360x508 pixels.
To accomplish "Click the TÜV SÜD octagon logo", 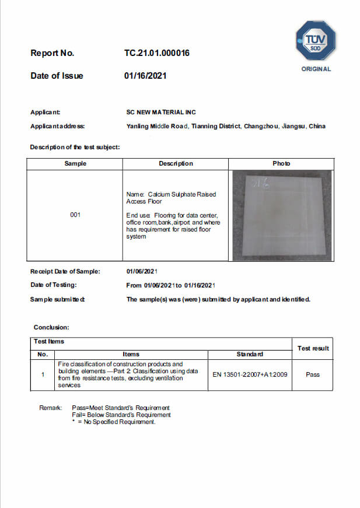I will tap(316, 40).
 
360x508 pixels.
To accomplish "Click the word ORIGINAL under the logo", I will tap(316, 69).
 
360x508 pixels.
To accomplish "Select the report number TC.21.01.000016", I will tap(156, 53).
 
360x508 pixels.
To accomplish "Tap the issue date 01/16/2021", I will tap(145, 76).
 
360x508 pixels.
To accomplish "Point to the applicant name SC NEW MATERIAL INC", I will tap(161, 112).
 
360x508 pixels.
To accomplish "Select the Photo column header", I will tap(281, 163).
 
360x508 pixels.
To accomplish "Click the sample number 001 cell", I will tap(75, 215).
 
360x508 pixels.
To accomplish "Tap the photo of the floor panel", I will tap(281, 215).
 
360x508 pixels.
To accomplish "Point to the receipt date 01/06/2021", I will tap(142, 271).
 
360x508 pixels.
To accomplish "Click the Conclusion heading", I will tap(51, 328).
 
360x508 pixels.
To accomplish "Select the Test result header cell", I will tap(313, 348).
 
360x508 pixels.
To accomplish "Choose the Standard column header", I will tap(249, 354).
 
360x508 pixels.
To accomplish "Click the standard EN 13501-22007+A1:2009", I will tap(249, 374).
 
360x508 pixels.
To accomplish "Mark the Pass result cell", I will tap(313, 374).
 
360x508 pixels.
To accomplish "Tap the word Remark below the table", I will tap(50, 407).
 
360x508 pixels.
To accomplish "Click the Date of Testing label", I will tap(54, 285).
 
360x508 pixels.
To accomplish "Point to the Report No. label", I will tap(53, 53).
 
